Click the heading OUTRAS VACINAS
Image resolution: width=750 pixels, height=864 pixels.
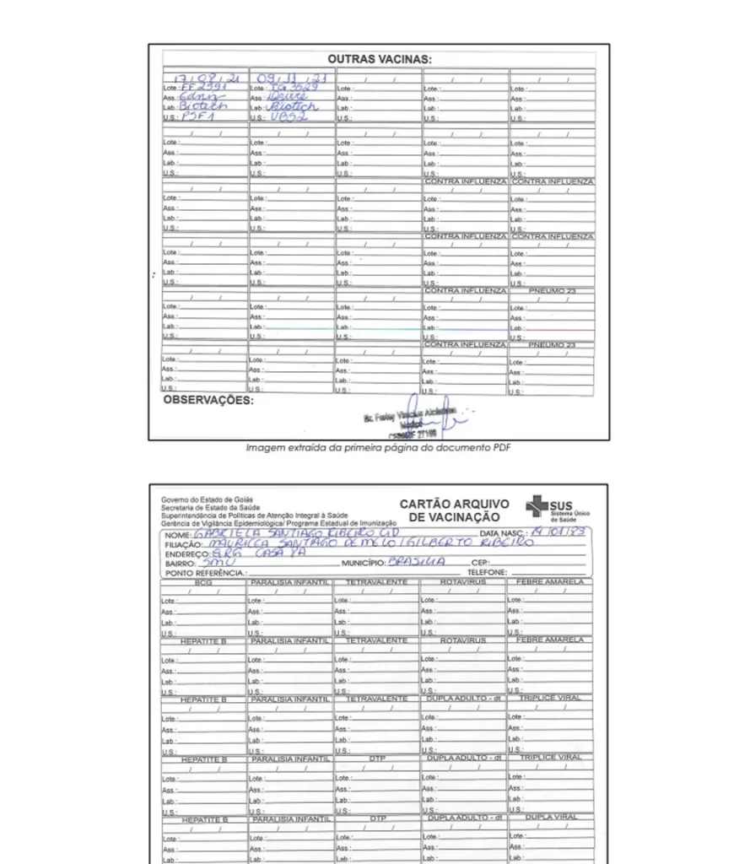379,60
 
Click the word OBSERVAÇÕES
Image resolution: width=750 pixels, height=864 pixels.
208,400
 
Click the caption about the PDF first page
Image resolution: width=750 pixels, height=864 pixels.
378,448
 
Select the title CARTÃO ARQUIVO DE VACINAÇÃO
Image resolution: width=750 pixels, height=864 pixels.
454,510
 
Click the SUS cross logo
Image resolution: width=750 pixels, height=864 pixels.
537,506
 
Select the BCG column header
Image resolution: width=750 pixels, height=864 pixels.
203,582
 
